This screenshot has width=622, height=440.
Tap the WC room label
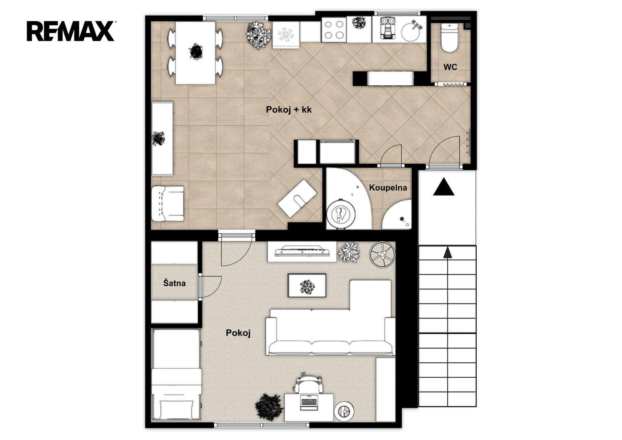pyautogui.click(x=450, y=67)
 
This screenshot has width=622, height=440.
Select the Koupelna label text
pyautogui.click(x=388, y=188)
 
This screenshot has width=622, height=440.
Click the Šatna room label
pyautogui.click(x=174, y=283)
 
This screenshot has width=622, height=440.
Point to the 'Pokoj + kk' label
pyautogui.click(x=289, y=110)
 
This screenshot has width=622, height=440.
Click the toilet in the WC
pyautogui.click(x=449, y=37)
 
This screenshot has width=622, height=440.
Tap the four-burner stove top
pyautogui.click(x=334, y=30)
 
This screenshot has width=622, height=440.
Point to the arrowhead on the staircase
pyautogui.click(x=447, y=252)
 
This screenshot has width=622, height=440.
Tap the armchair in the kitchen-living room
pyautogui.click(x=168, y=203)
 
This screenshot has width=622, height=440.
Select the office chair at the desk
pyautogui.click(x=308, y=383)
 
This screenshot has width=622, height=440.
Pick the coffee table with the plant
pyautogui.click(x=307, y=285)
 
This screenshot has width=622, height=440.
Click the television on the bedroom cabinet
pyautogui.click(x=302, y=251)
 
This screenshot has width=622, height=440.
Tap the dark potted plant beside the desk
pyautogui.click(x=268, y=407)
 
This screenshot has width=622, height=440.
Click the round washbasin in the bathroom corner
pyautogui.click(x=398, y=215)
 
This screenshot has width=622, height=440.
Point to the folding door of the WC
pyautogui.click(x=451, y=84)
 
